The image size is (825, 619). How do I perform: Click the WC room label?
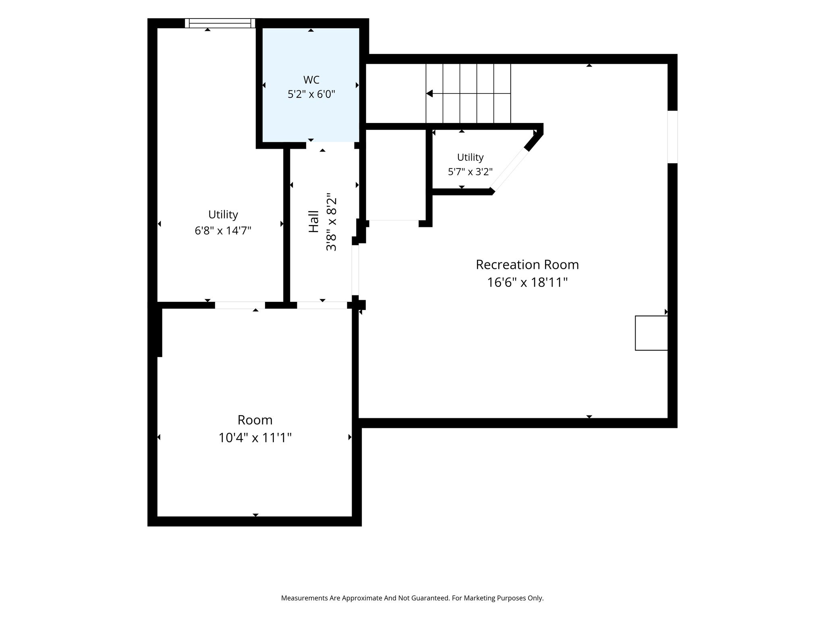point(311,79)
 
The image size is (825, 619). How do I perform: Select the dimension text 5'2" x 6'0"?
point(311,94)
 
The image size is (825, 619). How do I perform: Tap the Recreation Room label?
point(527,264)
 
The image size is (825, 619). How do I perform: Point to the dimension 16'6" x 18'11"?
point(527,282)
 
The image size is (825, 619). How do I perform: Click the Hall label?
point(313,222)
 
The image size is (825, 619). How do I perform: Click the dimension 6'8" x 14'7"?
point(223,231)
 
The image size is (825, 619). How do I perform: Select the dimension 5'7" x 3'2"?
point(470,172)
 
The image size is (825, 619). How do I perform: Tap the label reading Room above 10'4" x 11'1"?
point(255,420)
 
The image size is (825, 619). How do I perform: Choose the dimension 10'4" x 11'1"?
point(255,437)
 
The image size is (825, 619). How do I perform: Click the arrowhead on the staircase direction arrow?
point(429,93)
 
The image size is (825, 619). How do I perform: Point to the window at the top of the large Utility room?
point(220,23)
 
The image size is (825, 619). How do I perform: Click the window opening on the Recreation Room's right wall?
point(672,137)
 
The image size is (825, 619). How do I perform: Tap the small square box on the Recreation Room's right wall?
point(651,333)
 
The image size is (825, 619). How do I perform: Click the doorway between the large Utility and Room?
point(240,305)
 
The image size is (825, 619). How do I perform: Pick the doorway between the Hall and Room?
point(322,305)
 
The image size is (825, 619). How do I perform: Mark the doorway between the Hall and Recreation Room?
point(355,270)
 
